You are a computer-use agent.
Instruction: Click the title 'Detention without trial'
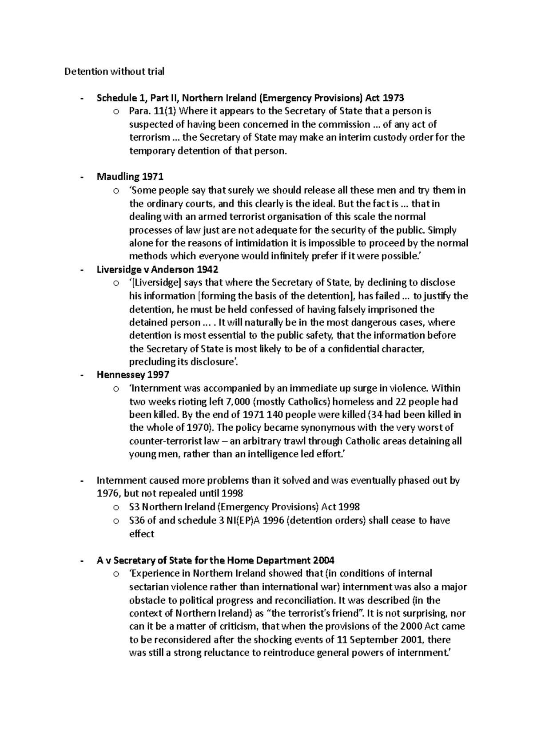[115, 71]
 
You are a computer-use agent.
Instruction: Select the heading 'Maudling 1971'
[130, 177]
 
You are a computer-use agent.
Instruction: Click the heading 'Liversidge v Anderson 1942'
[157, 270]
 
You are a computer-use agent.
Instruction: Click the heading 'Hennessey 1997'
[133, 375]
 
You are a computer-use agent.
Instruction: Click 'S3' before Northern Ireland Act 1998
[134, 507]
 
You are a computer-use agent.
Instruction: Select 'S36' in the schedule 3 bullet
[137, 520]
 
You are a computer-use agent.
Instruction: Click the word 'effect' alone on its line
[142, 534]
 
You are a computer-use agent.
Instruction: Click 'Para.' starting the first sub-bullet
[139, 111]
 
